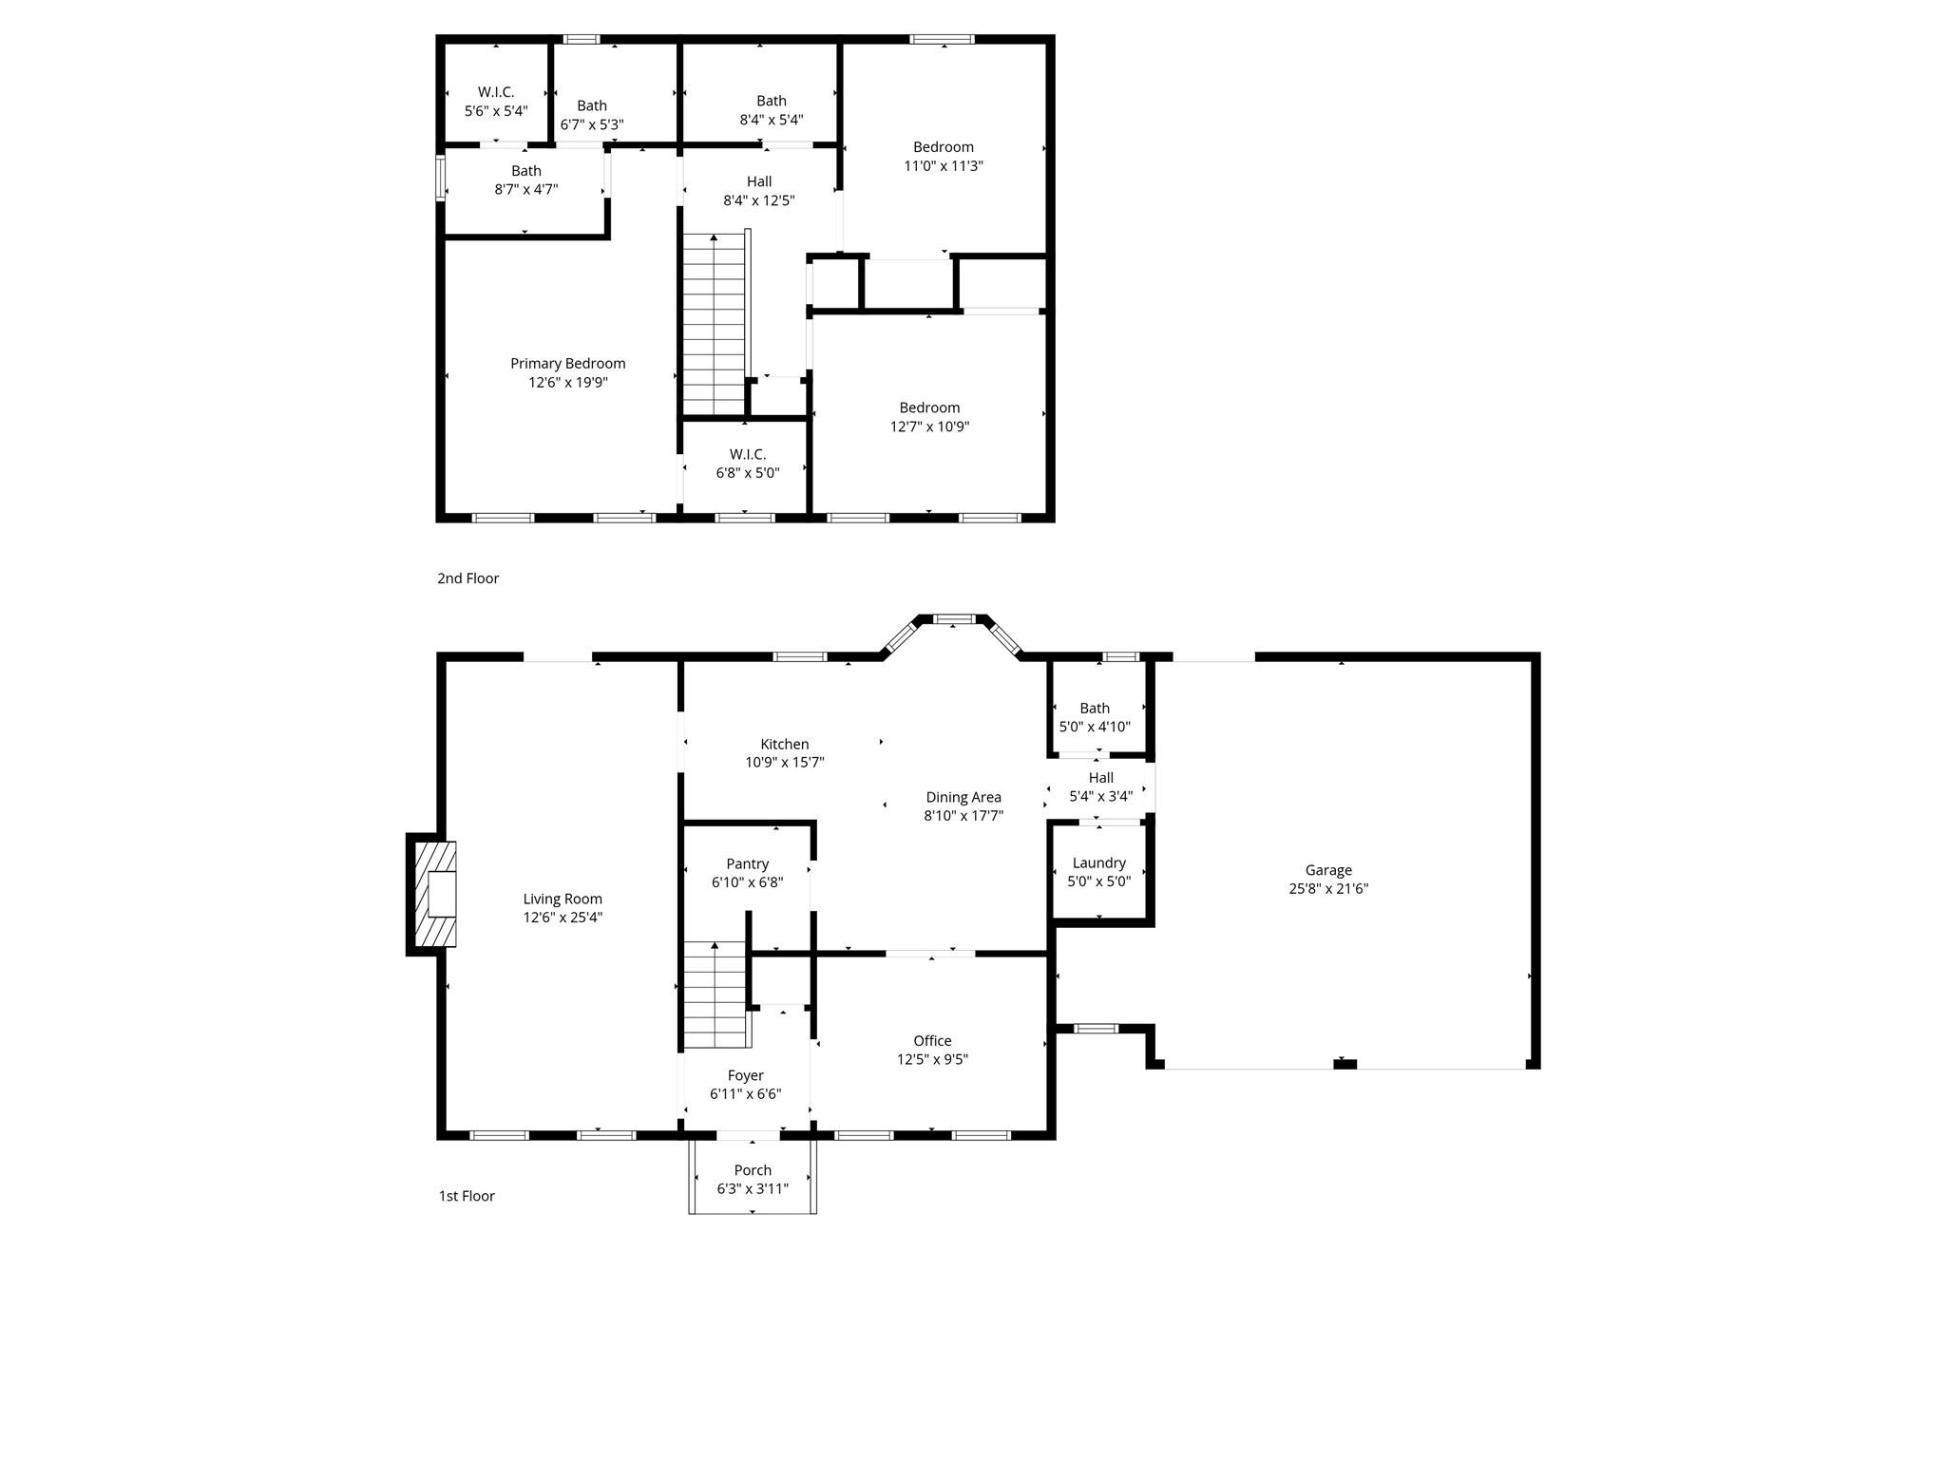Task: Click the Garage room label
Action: (x=1327, y=870)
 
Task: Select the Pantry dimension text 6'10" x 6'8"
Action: (x=747, y=882)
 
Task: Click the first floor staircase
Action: (x=715, y=995)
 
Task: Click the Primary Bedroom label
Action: (x=567, y=364)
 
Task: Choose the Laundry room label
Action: (x=1098, y=863)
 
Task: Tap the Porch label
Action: (x=753, y=1170)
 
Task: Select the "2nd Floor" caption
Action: (x=467, y=578)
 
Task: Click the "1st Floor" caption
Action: (x=467, y=1196)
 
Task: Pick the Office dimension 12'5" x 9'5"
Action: (x=932, y=1059)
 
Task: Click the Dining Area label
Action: (x=963, y=798)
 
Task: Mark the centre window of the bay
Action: (x=955, y=619)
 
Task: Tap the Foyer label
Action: (x=745, y=1075)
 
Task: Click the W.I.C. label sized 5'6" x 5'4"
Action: (x=496, y=92)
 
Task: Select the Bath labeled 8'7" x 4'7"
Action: (x=525, y=171)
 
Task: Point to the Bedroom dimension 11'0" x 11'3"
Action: (x=943, y=165)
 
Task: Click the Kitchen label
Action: (x=784, y=745)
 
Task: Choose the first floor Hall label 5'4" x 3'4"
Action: (x=1100, y=778)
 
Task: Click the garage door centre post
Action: (x=1345, y=1064)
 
